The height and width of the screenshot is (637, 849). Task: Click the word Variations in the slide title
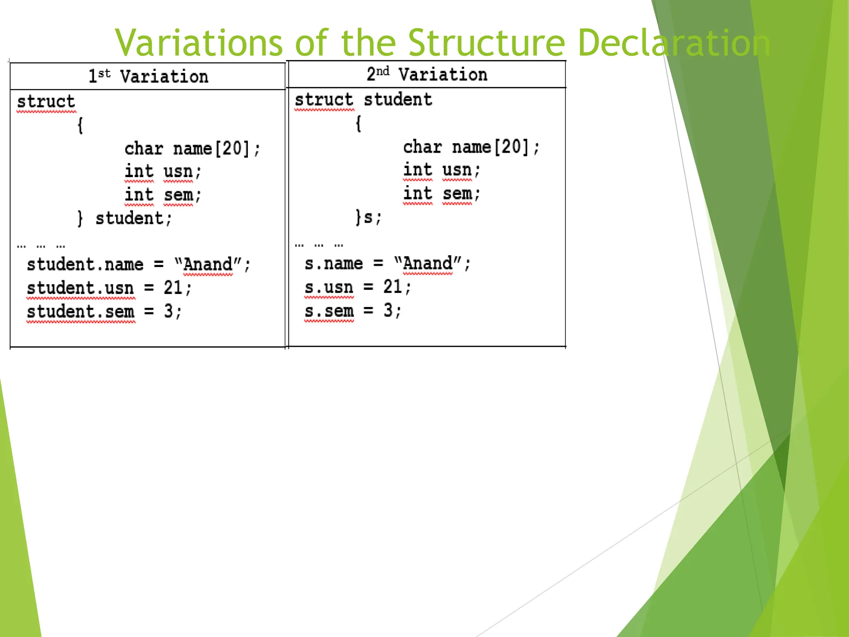pyautogui.click(x=198, y=43)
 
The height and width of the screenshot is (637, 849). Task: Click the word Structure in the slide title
pyautogui.click(x=486, y=43)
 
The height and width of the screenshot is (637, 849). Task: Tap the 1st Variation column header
pyautogui.click(x=148, y=77)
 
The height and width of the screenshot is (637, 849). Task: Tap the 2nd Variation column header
pyautogui.click(x=427, y=75)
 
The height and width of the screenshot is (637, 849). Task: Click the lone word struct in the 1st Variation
pyautogui.click(x=46, y=102)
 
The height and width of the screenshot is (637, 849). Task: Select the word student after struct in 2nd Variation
pyautogui.click(x=398, y=100)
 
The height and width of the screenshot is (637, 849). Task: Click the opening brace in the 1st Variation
pyautogui.click(x=80, y=125)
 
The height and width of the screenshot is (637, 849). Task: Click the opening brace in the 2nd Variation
pyautogui.click(x=359, y=124)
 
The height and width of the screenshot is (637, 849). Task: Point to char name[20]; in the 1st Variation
pyautogui.click(x=192, y=149)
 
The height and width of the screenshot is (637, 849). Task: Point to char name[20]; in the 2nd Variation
pyautogui.click(x=471, y=147)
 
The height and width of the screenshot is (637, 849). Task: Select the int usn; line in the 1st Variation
pyautogui.click(x=163, y=172)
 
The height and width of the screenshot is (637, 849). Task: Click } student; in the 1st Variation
pyautogui.click(x=125, y=219)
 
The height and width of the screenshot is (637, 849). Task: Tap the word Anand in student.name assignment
pyautogui.click(x=208, y=265)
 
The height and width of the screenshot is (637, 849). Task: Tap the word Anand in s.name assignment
pyautogui.click(x=427, y=264)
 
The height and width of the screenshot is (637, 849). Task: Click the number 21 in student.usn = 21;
pyautogui.click(x=173, y=288)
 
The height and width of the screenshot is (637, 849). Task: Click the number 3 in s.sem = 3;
pyautogui.click(x=388, y=311)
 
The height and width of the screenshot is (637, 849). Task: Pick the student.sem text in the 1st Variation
pyautogui.click(x=80, y=312)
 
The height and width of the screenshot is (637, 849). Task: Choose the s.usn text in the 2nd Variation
pyautogui.click(x=329, y=287)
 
